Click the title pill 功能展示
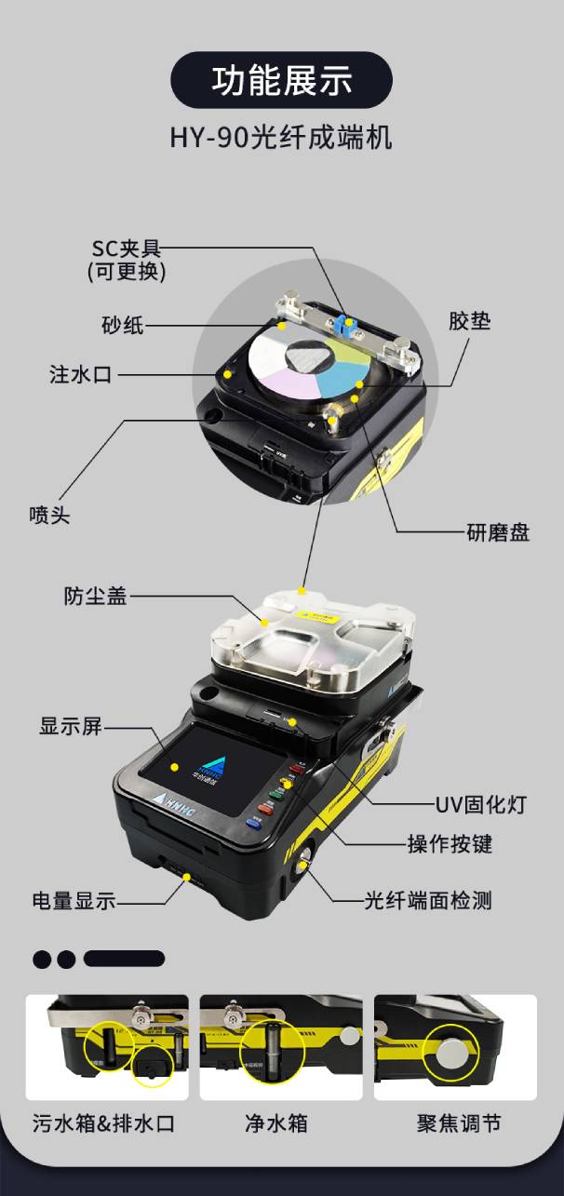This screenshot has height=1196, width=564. click(x=281, y=80)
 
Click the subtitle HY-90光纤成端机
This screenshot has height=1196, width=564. click(x=281, y=138)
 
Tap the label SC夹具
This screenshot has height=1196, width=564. click(x=127, y=249)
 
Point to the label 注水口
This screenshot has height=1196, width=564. click(x=81, y=375)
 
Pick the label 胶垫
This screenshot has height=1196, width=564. click(x=469, y=322)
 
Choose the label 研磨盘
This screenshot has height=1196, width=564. click(x=498, y=533)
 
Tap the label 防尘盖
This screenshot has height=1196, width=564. click(x=96, y=597)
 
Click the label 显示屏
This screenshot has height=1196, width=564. click(x=71, y=727)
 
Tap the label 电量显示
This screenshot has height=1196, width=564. click(x=74, y=901)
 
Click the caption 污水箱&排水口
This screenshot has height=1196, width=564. click(x=103, y=1123)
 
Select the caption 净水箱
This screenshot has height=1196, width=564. click(x=276, y=1123)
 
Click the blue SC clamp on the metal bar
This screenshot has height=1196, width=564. click(x=347, y=324)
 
